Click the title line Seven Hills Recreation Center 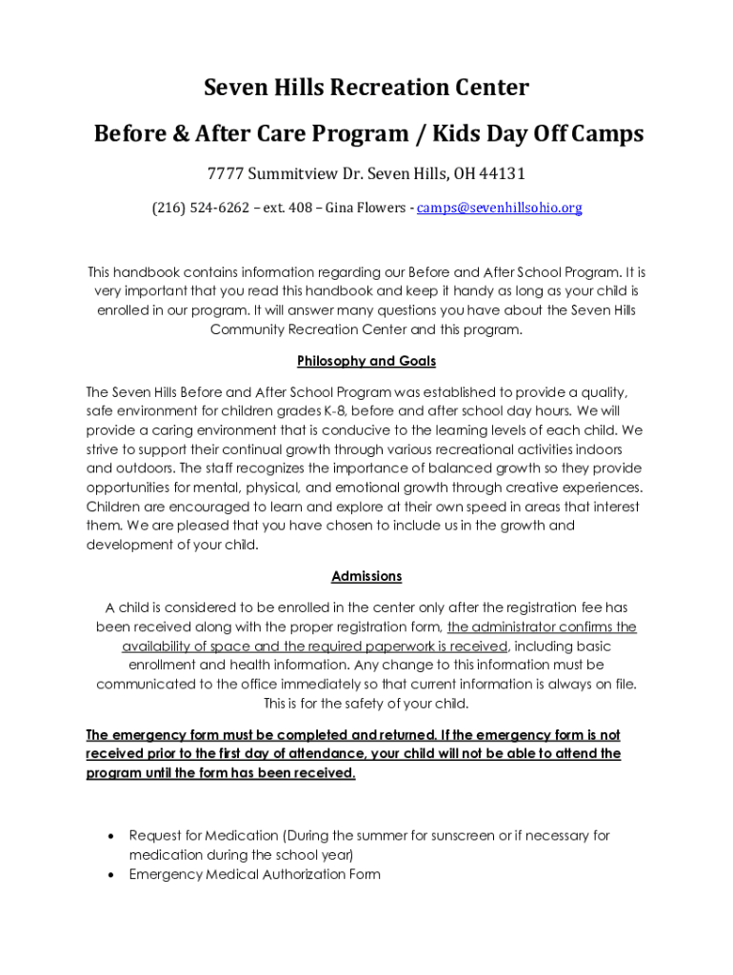[x=366, y=89]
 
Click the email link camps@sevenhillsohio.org [x=499, y=208]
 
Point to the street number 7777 [x=226, y=174]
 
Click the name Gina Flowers [x=366, y=208]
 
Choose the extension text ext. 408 [x=289, y=208]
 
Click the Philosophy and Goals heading [x=366, y=362]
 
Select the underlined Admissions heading [x=366, y=576]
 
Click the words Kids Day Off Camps [x=546, y=134]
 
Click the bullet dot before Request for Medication [x=112, y=835]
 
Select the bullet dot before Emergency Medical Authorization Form [x=112, y=874]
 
